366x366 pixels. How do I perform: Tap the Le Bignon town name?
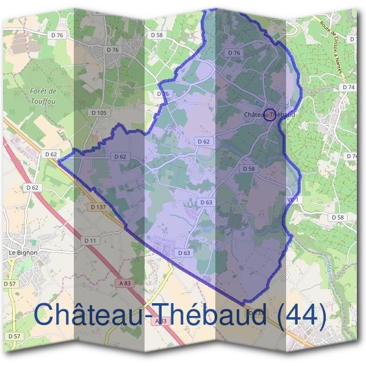[x=23, y=252]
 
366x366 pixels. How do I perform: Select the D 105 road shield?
[x=98, y=113]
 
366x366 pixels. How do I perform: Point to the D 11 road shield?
[x=90, y=241]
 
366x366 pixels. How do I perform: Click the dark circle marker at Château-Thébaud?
[x=270, y=114]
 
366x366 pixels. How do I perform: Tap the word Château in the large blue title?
[x=81, y=316]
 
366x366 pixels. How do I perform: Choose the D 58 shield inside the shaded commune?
[x=248, y=168]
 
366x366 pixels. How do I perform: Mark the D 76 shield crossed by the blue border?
[x=162, y=94]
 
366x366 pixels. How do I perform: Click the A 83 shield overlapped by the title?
[x=160, y=321]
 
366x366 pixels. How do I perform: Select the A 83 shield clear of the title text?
[x=125, y=283]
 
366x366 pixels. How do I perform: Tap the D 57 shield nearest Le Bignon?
[x=9, y=284]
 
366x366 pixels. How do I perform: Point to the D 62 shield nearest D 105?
[x=120, y=157]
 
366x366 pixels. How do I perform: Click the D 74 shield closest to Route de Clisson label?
[x=349, y=87]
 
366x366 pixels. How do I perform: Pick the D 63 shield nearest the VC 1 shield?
[x=206, y=202]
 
